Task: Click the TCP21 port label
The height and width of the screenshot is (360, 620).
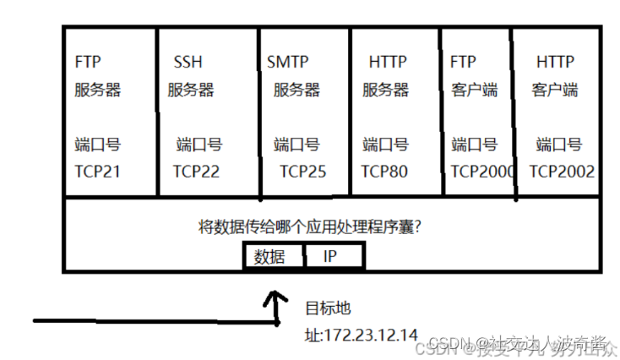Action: [97, 172]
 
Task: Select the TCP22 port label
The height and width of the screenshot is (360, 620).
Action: [196, 172]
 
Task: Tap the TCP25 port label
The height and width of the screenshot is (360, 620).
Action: [302, 172]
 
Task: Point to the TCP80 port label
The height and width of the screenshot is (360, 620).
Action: [384, 172]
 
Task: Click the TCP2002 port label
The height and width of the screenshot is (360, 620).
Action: [562, 172]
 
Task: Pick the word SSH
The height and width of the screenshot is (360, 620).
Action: [188, 63]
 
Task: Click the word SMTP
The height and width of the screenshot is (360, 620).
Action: [287, 63]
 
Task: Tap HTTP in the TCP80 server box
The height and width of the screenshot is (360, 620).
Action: [388, 63]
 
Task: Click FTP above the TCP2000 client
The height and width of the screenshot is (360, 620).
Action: [464, 63]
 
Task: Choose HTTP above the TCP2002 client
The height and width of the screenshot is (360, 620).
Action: [556, 63]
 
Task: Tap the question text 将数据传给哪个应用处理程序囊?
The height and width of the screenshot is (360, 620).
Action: [310, 226]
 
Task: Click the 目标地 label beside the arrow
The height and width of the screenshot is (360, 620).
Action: [327, 306]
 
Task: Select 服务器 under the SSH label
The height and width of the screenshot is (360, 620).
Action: [190, 90]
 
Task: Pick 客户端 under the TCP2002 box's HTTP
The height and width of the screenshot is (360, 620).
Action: [554, 90]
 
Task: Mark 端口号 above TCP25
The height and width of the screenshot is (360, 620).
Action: [296, 145]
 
